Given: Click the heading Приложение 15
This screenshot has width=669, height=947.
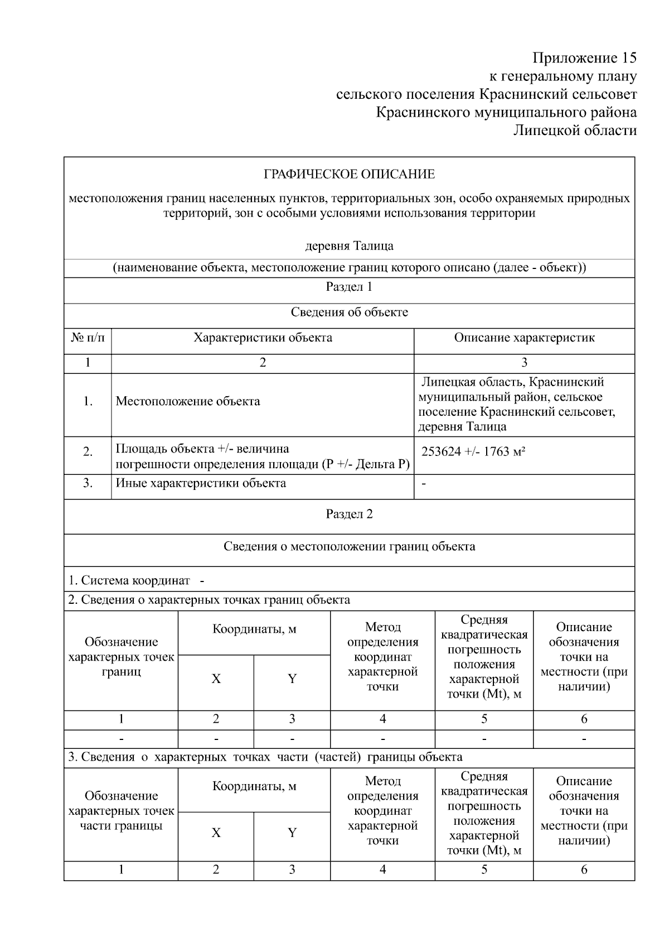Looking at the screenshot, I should [x=584, y=58].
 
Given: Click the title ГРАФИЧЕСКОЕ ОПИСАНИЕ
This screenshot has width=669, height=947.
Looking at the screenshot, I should [x=349, y=175].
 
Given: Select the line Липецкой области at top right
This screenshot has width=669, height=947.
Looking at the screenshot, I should [x=574, y=131].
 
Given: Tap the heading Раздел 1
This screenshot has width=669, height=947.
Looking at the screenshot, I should [x=349, y=287].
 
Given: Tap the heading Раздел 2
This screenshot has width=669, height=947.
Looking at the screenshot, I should [x=349, y=514].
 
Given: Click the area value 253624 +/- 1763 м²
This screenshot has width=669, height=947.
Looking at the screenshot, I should [x=473, y=451].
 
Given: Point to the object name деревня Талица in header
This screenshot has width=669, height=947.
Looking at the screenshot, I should [x=349, y=246].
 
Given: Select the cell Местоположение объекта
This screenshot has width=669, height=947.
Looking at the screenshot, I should [x=188, y=401].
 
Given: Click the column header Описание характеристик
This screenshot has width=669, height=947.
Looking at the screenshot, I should [x=524, y=338].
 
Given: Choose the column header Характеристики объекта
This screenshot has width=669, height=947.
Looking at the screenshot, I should [x=263, y=338].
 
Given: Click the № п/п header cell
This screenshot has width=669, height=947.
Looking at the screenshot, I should [x=88, y=338].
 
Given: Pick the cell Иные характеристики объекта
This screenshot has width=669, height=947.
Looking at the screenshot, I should [x=201, y=483].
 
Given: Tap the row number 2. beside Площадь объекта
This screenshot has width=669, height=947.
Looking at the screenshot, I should [x=88, y=452].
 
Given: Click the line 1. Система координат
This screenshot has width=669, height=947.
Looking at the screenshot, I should [x=136, y=580].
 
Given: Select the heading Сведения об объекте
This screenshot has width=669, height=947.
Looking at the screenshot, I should [x=349, y=313].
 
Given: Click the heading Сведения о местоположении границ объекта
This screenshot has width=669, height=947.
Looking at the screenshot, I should [x=349, y=546].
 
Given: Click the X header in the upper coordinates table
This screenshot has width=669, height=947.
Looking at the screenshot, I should [x=216, y=679].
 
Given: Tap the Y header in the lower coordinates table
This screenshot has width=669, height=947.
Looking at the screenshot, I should [x=292, y=833].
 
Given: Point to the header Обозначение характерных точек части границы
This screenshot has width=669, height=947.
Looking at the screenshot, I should [x=121, y=811].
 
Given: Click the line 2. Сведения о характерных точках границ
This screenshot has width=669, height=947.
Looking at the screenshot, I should [x=209, y=600].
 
